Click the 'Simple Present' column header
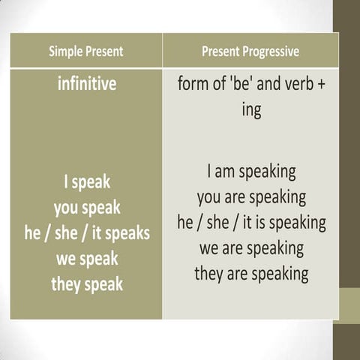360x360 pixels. point(86,52)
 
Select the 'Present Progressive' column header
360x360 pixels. point(250,52)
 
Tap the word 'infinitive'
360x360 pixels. point(87,83)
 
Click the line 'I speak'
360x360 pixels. point(87,181)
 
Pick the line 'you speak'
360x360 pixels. point(87,207)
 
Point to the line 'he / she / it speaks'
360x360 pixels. point(87,233)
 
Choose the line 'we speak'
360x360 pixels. point(87,259)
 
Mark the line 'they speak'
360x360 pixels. point(87,284)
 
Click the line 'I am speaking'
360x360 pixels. point(251,172)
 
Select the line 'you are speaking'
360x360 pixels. point(251,197)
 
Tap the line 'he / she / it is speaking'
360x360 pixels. point(251,223)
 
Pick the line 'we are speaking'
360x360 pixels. point(251,248)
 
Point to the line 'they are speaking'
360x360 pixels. point(251,274)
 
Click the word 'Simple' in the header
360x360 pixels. point(65,52)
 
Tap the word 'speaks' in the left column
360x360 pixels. point(127,233)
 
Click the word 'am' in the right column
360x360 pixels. point(224,172)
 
